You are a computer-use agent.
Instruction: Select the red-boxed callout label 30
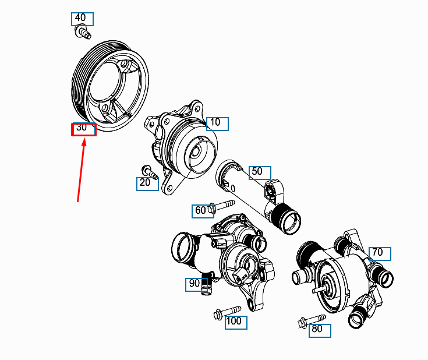point(83,129)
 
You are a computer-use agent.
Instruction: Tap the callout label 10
point(217,123)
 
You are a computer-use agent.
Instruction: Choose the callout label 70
point(380,253)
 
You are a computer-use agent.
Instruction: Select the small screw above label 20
point(148,171)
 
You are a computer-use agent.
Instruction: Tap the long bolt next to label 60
point(222,205)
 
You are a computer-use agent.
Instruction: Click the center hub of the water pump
point(194,153)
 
